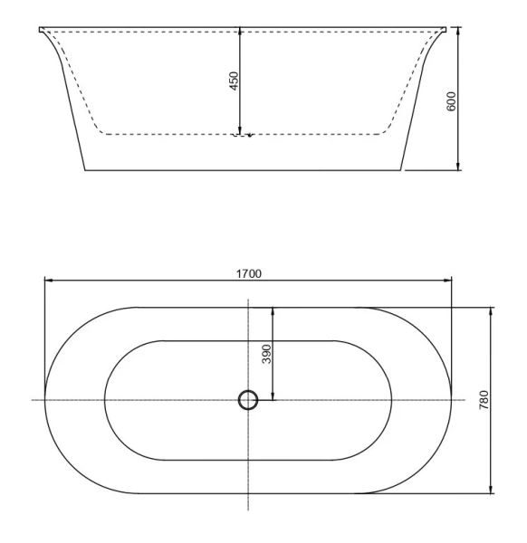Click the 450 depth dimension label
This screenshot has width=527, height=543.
point(234,81)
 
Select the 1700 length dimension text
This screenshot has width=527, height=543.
point(249,272)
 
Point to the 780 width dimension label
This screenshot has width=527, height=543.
point(484,401)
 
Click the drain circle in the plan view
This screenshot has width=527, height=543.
point(247,400)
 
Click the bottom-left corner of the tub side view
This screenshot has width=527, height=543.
point(85,169)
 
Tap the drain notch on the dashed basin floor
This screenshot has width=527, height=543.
point(241,136)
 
